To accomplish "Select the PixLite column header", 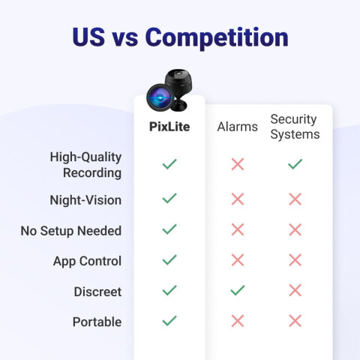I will point(169,127).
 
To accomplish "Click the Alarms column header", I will point(238,127).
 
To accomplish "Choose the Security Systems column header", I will point(295,127).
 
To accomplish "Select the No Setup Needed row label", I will point(71,231).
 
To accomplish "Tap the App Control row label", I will point(87,261).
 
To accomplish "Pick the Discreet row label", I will point(97,292).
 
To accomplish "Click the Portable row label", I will point(97,322).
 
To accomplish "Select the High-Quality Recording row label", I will point(85,164).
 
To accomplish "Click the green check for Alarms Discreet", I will point(238,290).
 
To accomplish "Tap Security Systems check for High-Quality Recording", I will point(295,163).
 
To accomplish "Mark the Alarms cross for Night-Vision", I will point(238,199).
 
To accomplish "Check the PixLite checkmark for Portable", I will point(169,320).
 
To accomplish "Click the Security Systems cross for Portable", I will point(295,321).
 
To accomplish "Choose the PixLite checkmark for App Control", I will point(169,259).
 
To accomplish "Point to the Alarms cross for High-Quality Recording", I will point(238,164).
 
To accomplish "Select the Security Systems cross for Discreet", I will point(295,290).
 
